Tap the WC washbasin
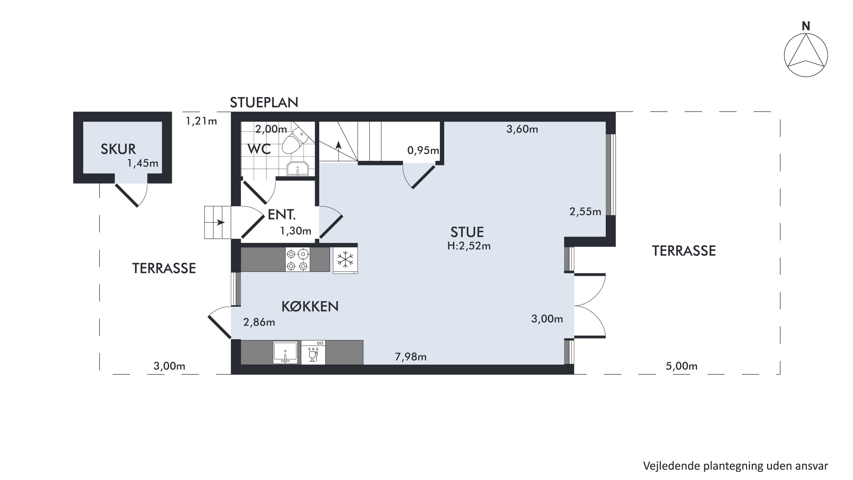click(x=298, y=169)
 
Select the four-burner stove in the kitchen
click(x=298, y=260)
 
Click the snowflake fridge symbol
click(x=345, y=260)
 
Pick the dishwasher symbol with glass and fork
click(x=313, y=352)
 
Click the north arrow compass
click(x=806, y=55)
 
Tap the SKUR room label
click(x=118, y=149)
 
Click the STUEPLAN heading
click(x=264, y=103)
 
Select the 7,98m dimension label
click(x=411, y=357)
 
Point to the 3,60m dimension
click(x=522, y=129)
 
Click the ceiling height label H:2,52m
click(x=469, y=246)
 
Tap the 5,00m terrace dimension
click(x=681, y=366)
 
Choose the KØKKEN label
click(x=310, y=307)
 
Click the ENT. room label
click(x=281, y=215)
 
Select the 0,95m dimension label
click(x=423, y=151)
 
